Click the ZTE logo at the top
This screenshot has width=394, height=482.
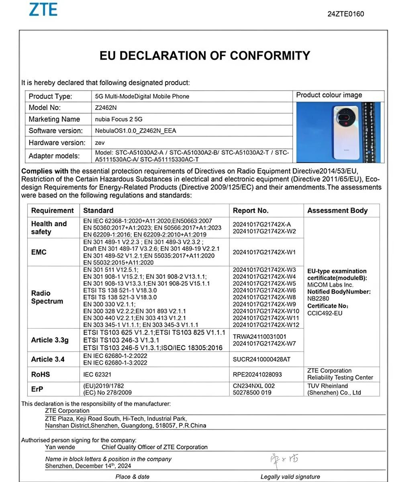tap(43, 9)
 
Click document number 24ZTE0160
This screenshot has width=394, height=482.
tap(345, 14)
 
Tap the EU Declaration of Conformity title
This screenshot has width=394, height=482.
tap(205, 55)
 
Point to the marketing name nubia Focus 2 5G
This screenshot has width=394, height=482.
tap(118, 119)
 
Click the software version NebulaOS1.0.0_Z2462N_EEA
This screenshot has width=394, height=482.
tap(135, 131)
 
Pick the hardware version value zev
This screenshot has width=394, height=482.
tap(100, 143)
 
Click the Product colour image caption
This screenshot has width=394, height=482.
tap(329, 95)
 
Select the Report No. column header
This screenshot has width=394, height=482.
tap(251, 210)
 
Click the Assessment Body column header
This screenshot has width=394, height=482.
tap(337, 210)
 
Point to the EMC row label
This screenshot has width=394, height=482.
tap(39, 252)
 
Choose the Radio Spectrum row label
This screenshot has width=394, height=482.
tap(47, 297)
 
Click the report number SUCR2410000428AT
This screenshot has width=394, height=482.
tap(261, 359)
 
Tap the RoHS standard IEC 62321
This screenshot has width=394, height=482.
tap(97, 375)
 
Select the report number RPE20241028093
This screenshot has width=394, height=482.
tap(257, 375)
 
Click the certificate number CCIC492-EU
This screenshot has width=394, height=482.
tap(325, 313)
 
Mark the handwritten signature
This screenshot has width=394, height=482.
tap(284, 459)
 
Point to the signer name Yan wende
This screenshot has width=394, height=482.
tap(60, 447)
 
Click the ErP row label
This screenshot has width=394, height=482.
tap(37, 389)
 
